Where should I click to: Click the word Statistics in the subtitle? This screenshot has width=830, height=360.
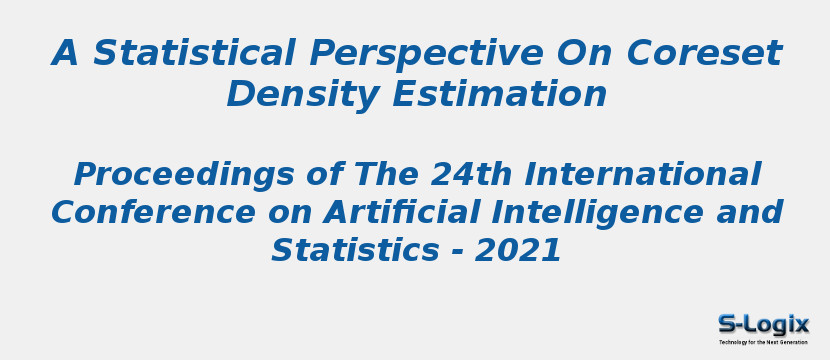coord(346,250)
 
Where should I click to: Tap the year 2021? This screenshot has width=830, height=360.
coord(518,250)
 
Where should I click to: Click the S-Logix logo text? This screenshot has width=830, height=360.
coord(763,324)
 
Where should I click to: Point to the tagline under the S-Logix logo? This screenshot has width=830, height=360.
coord(763,342)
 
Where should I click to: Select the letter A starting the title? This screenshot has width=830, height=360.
coord(65,53)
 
